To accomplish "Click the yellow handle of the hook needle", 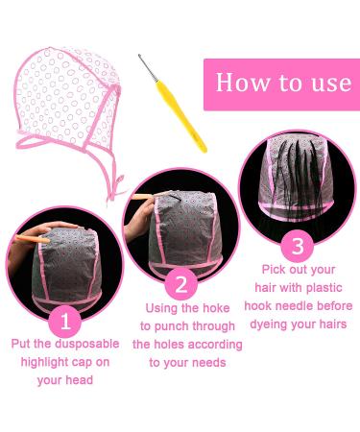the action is (x=181, y=117).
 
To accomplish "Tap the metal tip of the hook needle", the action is (x=139, y=57).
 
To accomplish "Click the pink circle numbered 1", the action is (x=65, y=322).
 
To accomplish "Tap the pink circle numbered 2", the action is (x=181, y=284).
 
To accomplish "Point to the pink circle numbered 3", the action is (x=298, y=246).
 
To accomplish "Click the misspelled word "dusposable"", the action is (x=87, y=344).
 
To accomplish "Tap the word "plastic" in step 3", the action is (x=324, y=288).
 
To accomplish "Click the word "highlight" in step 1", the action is (x=44, y=363).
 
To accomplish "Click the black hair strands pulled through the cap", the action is (x=297, y=180).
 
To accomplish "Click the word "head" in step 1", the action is (x=79, y=380).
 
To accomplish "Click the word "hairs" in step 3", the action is (x=333, y=324).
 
